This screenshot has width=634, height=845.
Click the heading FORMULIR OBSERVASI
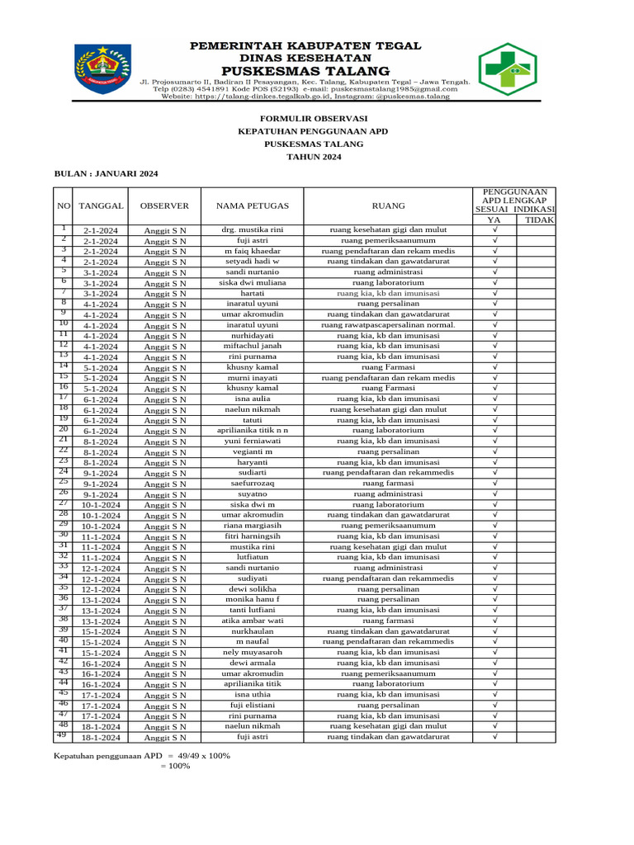pos(302,118)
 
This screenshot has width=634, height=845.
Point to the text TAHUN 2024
pos(302,156)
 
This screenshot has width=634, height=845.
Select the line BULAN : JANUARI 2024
pos(106,174)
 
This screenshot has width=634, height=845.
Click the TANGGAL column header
pos(102,205)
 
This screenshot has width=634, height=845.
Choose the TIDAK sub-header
pos(539,220)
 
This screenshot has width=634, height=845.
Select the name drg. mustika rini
pos(253,229)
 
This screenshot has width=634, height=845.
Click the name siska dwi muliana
pos(253,282)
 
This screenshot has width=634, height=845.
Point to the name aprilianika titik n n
pos(253,431)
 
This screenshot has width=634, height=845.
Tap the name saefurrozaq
pos(253,484)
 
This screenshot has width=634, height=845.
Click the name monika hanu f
pos(253,600)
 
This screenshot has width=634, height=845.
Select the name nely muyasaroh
pos(253,652)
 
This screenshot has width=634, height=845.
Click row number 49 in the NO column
pos(62,734)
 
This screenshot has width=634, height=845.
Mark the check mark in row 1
pos(494,229)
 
